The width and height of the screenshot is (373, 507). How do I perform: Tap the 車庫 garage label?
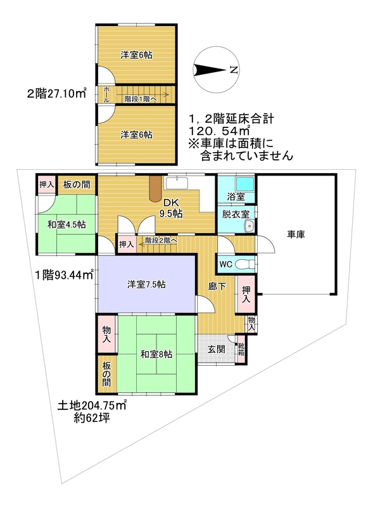click(x=296, y=235)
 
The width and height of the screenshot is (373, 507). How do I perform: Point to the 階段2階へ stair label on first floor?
click(x=161, y=241)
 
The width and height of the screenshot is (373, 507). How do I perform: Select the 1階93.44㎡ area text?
click(x=63, y=274)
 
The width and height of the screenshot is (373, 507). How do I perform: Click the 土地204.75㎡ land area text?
click(x=92, y=406)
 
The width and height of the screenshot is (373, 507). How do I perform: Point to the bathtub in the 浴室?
click(x=246, y=186)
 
